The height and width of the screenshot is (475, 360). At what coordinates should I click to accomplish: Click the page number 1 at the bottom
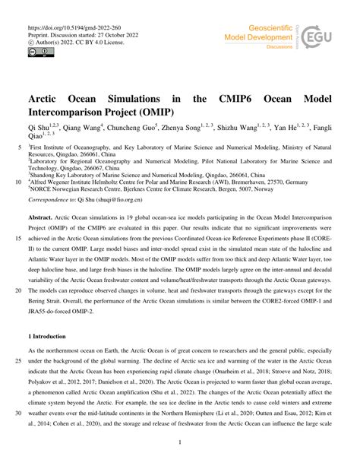tap(180, 462)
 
